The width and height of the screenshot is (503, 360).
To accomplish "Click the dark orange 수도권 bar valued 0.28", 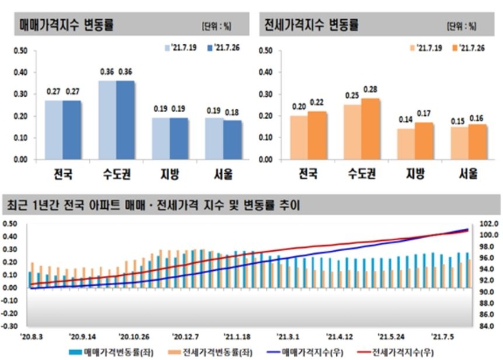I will click(x=371, y=129).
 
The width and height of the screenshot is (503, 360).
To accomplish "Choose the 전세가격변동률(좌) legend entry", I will click(x=204, y=352).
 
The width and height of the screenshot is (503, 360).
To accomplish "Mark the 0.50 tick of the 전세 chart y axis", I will click(x=266, y=51).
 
